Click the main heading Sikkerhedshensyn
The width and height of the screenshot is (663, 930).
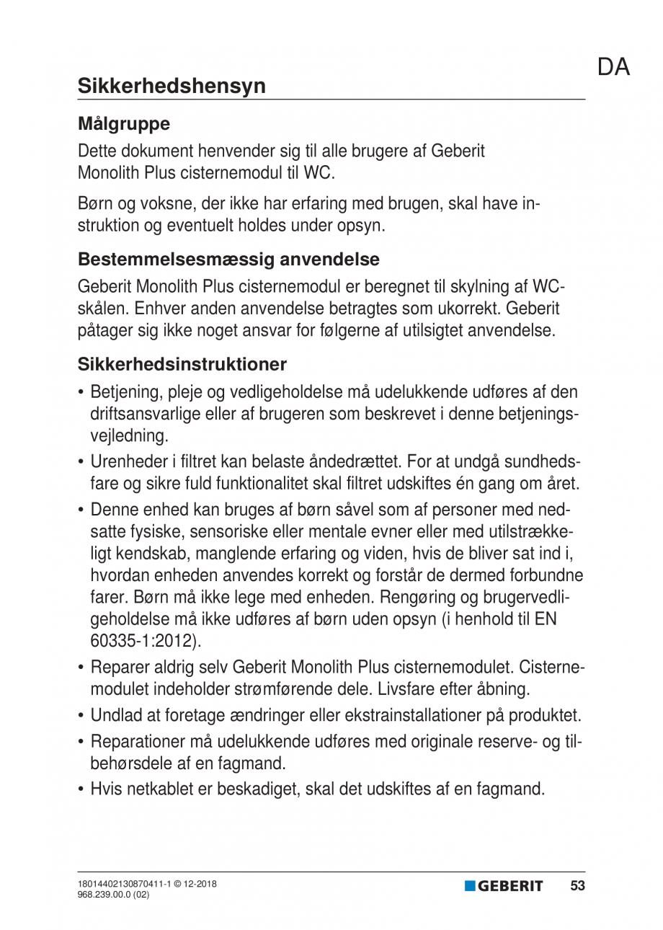pyautogui.click(x=172, y=86)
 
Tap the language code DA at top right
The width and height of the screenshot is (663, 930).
pyautogui.click(x=613, y=67)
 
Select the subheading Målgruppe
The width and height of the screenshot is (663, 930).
pyautogui.click(x=124, y=123)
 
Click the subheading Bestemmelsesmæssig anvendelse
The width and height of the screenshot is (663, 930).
pyautogui.click(x=228, y=258)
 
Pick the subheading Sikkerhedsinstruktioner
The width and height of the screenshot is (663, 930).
pyautogui.click(x=182, y=364)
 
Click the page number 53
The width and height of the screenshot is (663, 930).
pyautogui.click(x=577, y=886)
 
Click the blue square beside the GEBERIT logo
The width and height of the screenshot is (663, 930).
pyautogui.click(x=470, y=886)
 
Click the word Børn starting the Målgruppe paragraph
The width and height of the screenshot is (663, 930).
pyautogui.click(x=94, y=205)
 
